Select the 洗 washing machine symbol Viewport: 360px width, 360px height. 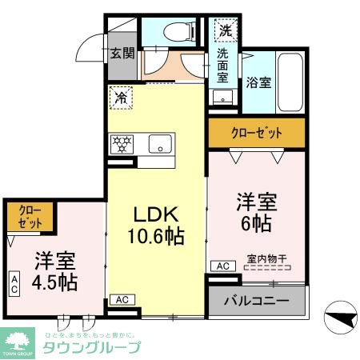pyautogui.click(x=225, y=31)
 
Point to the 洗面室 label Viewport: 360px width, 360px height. pyautogui.click(x=222, y=67)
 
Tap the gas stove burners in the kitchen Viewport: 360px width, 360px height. pyautogui.click(x=124, y=144)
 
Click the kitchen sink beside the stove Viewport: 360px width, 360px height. pyautogui.click(x=161, y=144)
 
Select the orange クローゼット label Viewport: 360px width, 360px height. pyautogui.click(x=257, y=133)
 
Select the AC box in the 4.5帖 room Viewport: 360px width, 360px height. pyautogui.click(x=15, y=282)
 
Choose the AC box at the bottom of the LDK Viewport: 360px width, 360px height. pyautogui.click(x=122, y=299)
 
